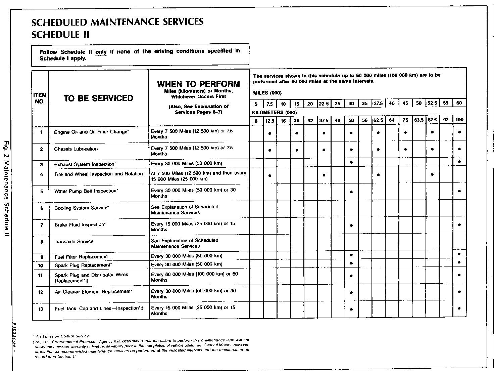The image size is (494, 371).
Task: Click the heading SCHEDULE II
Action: [x=60, y=35]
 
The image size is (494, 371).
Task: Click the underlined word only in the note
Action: [x=101, y=52]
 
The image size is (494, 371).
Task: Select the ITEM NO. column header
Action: [x=40, y=98]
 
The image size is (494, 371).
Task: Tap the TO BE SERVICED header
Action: [x=98, y=98]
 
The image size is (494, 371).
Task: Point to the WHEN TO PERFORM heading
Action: [x=199, y=84]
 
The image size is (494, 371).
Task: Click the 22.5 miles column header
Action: [x=324, y=104]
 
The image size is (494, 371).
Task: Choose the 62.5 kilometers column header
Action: [x=378, y=120]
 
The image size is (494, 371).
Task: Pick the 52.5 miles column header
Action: [x=432, y=104]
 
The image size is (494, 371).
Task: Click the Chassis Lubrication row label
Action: [x=76, y=149]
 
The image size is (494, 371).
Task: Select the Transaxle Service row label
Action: [x=74, y=242]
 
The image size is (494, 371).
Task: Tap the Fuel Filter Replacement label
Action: [x=81, y=257]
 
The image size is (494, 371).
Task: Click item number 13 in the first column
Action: [x=41, y=309]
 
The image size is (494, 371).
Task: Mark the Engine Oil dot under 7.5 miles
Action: [x=270, y=133]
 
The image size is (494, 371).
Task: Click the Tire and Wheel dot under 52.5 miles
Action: [x=432, y=175]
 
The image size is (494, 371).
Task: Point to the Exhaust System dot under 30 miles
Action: [x=351, y=162]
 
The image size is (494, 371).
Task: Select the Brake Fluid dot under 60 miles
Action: [x=459, y=225]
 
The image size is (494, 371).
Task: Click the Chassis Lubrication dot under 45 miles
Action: [x=405, y=149]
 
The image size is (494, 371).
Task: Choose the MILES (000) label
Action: [x=267, y=93]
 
